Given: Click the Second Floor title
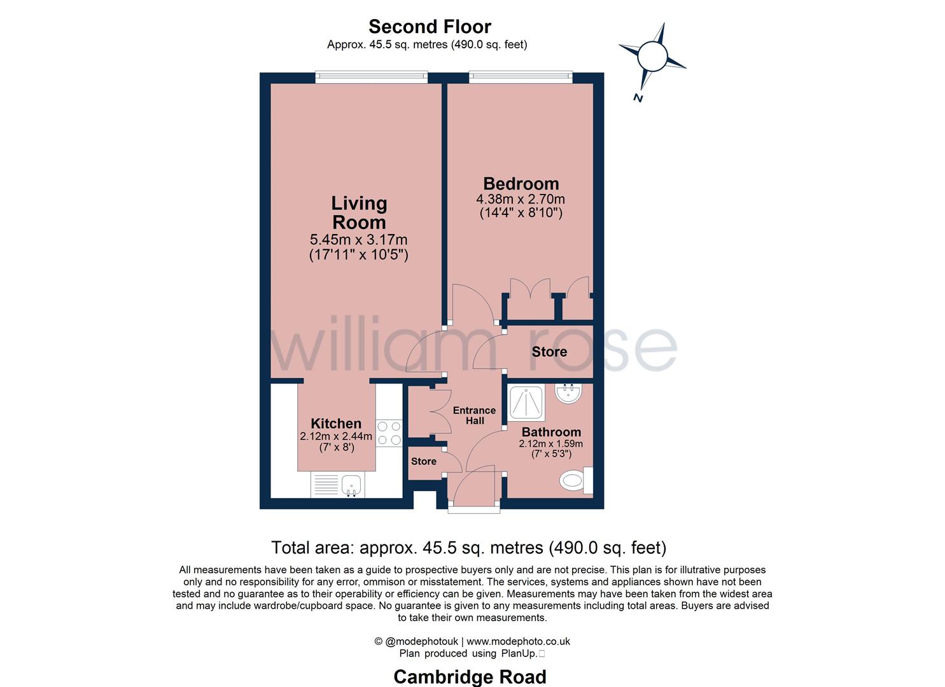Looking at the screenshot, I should pos(430,27).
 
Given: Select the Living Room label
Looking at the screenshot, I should pos(359,212).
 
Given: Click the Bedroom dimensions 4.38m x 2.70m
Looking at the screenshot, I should pos(521,199).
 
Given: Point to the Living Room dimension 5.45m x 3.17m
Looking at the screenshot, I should pos(358,240).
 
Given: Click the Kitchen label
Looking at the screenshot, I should pos(336,424).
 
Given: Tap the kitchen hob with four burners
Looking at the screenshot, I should pos(389,433).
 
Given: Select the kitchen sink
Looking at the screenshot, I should pos(351,485).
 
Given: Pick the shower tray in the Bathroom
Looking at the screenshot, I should pos(526,403).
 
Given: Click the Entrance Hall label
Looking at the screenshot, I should pos(474,415).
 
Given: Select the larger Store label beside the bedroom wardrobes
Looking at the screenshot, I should pos(549,352).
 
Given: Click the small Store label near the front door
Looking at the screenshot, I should pos(424,461).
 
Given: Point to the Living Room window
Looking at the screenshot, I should pos(372,77).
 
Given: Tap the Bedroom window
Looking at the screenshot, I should pos(521,77).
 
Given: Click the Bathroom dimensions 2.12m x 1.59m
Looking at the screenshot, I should pos(551,444).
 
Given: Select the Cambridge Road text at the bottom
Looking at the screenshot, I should pos(470,677).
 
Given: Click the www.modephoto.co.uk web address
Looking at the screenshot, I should pos(518,641).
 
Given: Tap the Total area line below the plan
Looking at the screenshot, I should pos(468,547).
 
